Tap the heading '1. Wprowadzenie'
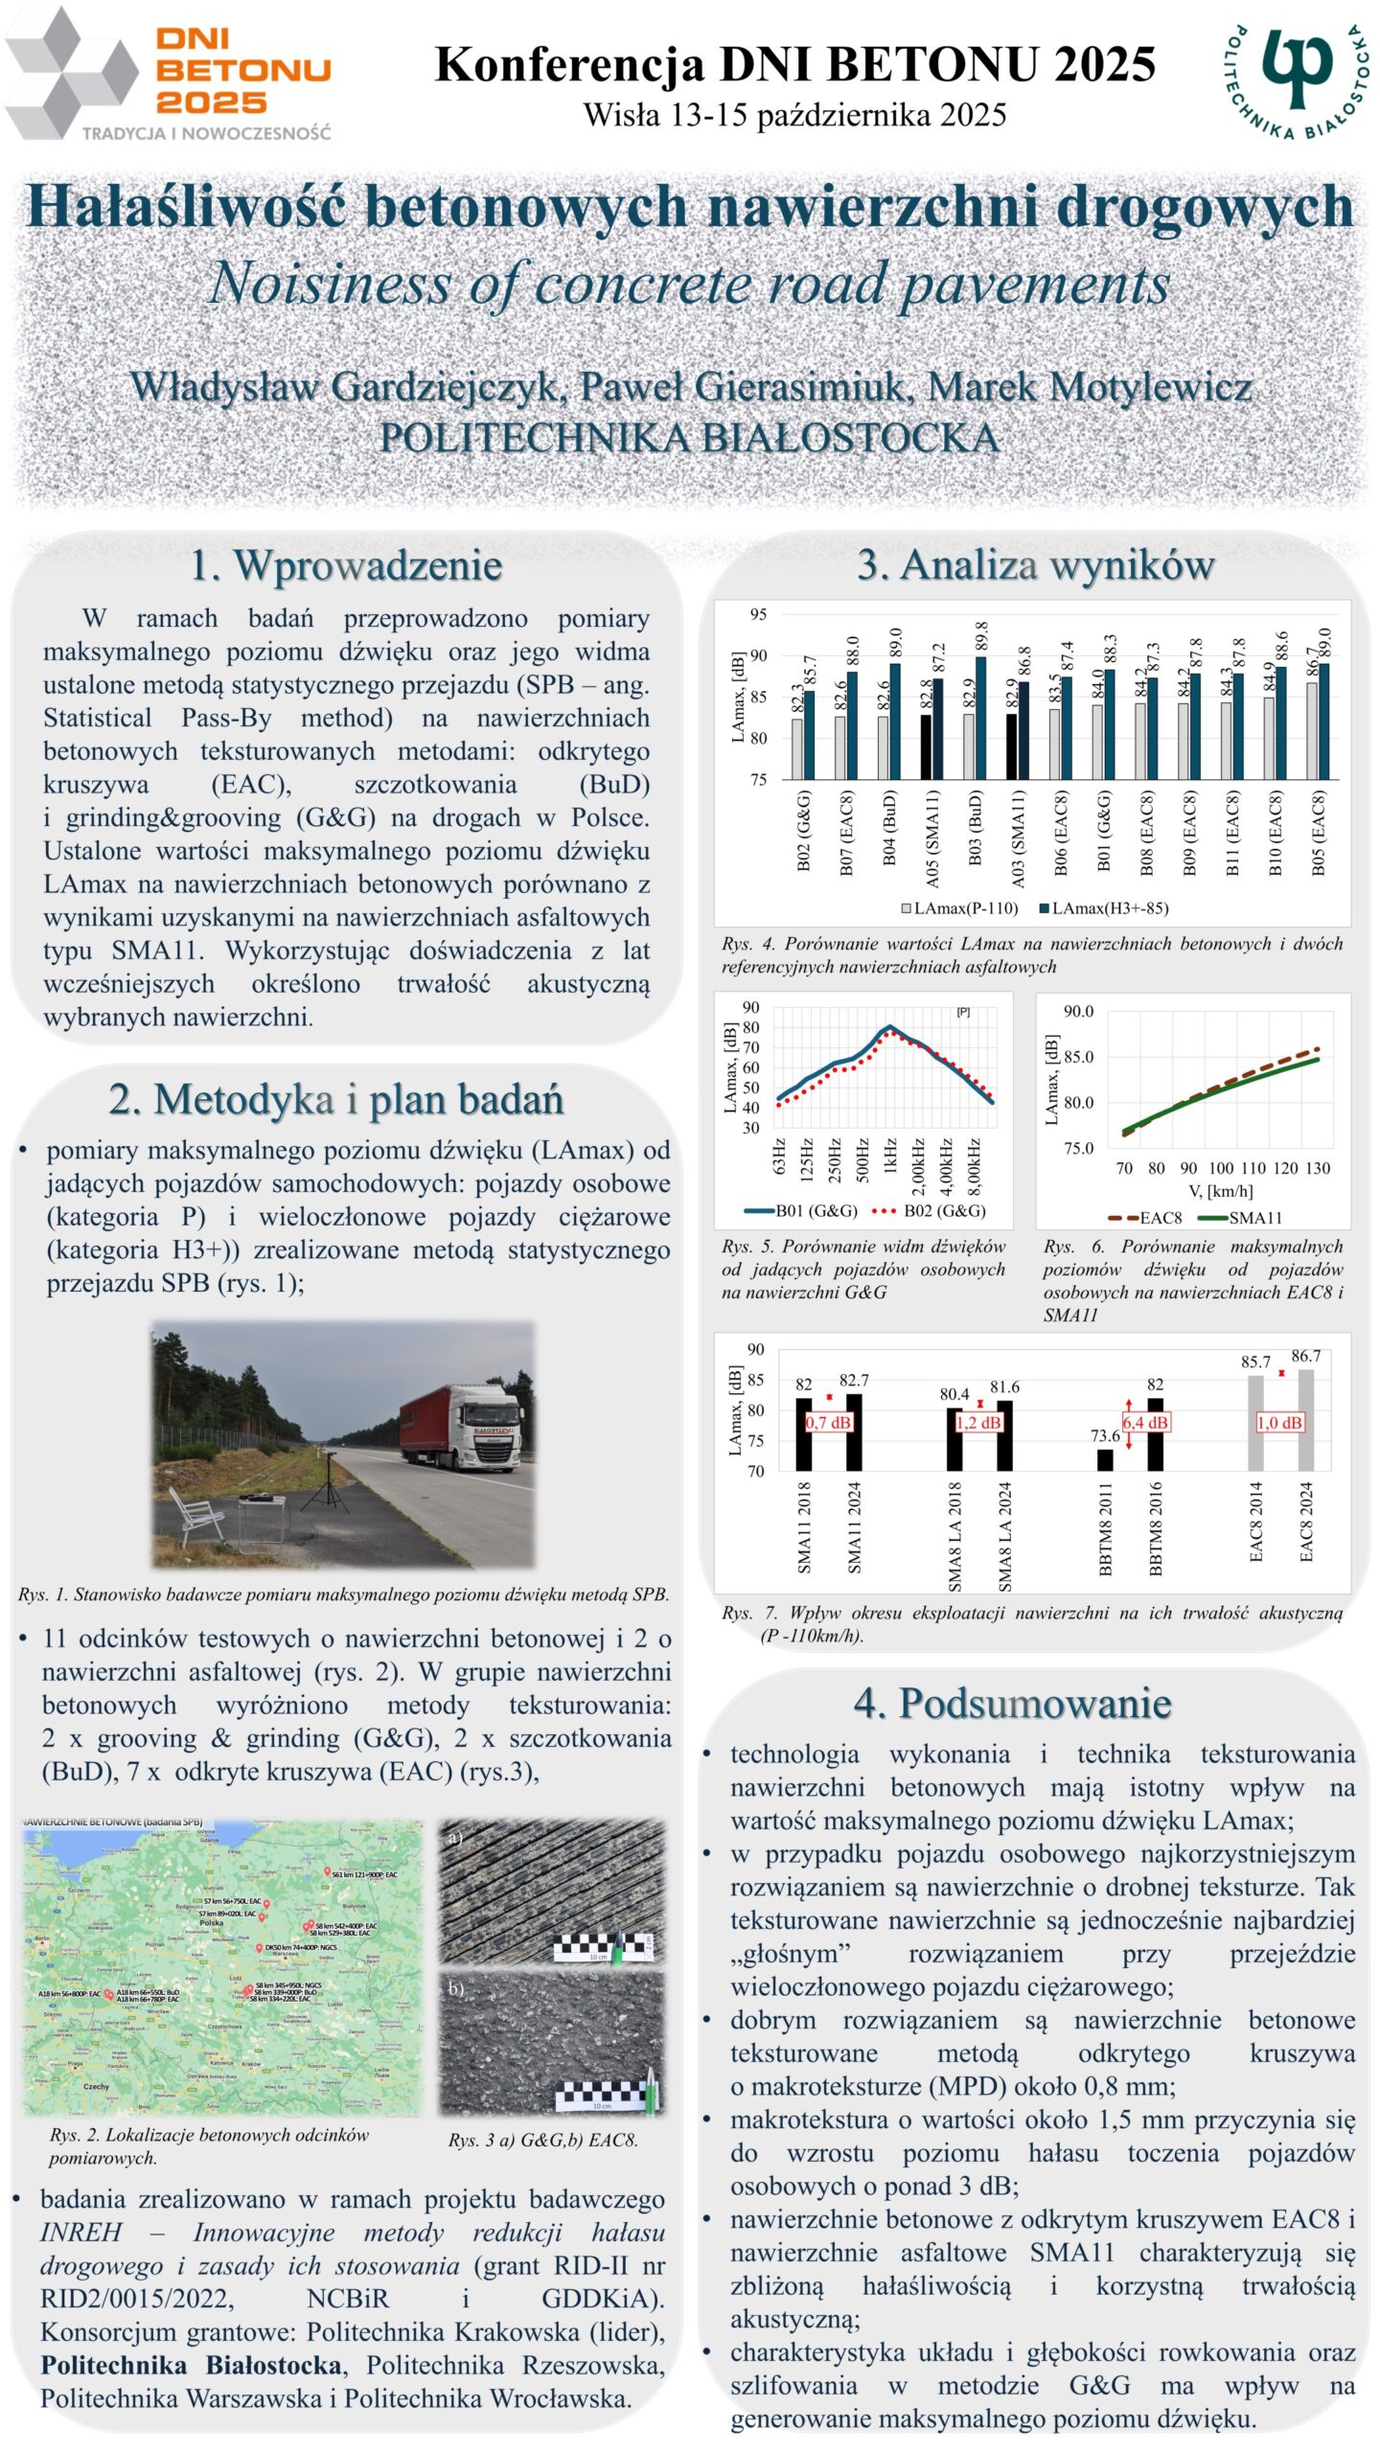[346, 565]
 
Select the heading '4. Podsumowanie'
[1012, 1704]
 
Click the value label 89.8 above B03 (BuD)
[980, 637]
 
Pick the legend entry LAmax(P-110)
[958, 907]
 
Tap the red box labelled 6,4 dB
[1144, 1422]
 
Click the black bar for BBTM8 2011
[1105, 1458]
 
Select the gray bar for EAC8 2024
[1305, 1420]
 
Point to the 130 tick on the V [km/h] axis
[1318, 1168]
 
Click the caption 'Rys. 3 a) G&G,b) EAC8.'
[542, 2140]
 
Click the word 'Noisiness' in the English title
[328, 285]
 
